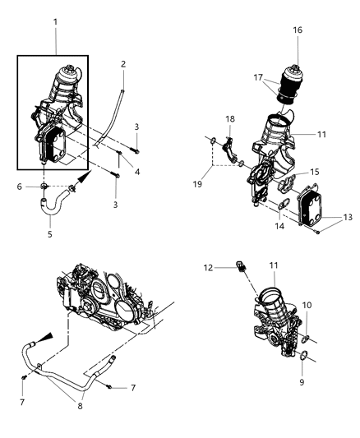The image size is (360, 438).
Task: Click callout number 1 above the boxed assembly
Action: [x=56, y=16]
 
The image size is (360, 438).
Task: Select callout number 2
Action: [x=123, y=63]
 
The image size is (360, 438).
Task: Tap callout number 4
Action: [x=136, y=171]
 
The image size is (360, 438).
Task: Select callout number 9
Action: [x=302, y=382]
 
